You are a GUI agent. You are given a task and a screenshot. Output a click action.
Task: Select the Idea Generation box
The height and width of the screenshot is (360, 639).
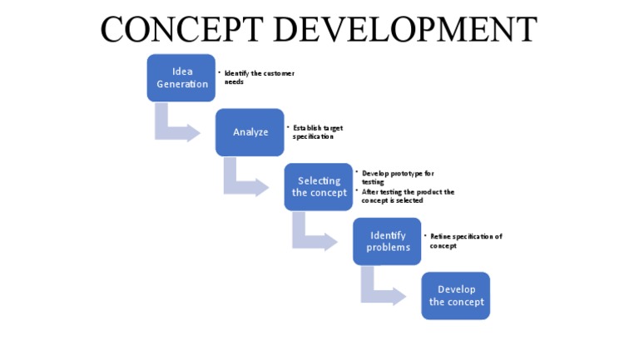click(x=181, y=78)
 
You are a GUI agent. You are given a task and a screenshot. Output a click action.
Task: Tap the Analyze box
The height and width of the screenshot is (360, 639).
click(x=250, y=132)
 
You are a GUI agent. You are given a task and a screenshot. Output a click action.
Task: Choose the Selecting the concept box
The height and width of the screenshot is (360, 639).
click(x=319, y=187)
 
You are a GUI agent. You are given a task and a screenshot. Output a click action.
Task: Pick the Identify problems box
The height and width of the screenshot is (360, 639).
click(x=388, y=241)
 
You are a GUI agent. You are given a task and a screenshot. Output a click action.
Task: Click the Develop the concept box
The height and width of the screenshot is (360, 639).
click(x=456, y=295)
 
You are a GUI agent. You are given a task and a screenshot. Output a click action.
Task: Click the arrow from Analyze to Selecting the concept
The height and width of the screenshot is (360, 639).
click(x=244, y=184)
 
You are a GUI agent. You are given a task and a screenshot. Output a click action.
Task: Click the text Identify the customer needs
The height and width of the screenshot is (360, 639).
click(x=259, y=77)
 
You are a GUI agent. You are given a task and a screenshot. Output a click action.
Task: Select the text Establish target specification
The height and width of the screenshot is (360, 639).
click(x=317, y=131)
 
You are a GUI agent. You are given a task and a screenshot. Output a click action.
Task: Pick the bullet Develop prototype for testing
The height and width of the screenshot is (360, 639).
click(x=397, y=177)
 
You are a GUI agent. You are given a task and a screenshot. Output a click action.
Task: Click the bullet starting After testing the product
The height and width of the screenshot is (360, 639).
click(x=407, y=196)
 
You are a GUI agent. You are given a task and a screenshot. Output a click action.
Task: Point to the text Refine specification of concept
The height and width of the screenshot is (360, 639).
click(x=465, y=241)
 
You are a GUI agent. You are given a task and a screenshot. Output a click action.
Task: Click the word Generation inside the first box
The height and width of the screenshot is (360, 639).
click(x=182, y=84)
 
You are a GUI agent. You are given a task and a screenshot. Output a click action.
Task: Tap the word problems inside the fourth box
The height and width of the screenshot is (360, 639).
click(x=388, y=248)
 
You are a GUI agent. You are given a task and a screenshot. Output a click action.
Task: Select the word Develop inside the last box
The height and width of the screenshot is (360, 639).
click(x=456, y=289)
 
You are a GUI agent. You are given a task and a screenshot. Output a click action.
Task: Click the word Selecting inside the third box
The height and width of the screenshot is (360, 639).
click(x=319, y=180)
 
